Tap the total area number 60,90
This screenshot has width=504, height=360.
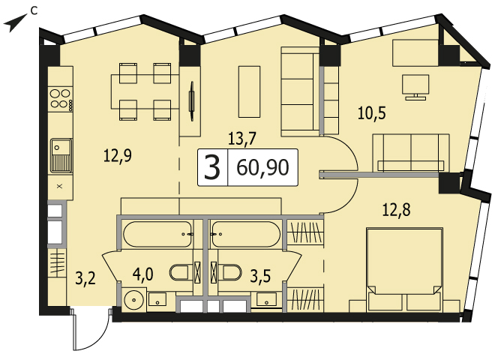click(x=262, y=168)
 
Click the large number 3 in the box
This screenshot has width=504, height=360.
click(x=212, y=167)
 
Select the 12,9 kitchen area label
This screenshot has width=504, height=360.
click(x=118, y=157)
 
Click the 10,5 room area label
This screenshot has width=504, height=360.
click(x=372, y=113)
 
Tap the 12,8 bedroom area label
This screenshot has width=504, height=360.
click(x=396, y=211)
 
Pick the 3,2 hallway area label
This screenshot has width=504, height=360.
click(x=85, y=278)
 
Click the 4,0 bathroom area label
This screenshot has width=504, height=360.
click(x=143, y=274)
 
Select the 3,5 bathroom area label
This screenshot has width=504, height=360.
click(x=261, y=276)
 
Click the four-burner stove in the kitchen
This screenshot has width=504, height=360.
click(x=61, y=99)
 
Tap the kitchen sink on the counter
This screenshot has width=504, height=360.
click(x=61, y=155)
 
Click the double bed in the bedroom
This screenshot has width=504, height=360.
click(x=404, y=269)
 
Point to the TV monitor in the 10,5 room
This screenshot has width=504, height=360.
click(x=415, y=86)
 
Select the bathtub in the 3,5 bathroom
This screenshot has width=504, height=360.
click(x=245, y=235)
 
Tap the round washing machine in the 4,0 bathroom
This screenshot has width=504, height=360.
click(x=134, y=299)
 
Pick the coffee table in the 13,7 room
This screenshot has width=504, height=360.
click(x=249, y=91)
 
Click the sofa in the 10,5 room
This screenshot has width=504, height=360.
click(x=411, y=153)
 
